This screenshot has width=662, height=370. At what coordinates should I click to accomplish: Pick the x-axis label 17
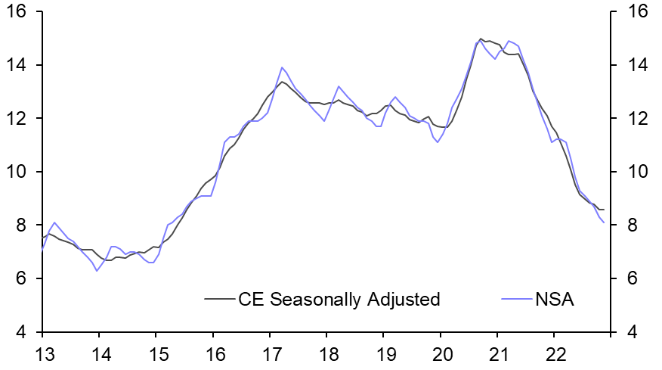(x=270, y=353)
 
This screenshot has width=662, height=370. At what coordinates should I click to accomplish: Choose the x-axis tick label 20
(x=441, y=353)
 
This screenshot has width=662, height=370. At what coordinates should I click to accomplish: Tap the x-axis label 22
(x=555, y=353)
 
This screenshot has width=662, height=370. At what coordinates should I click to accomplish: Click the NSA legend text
(x=555, y=300)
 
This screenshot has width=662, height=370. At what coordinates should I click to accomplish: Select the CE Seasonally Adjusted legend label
(x=339, y=300)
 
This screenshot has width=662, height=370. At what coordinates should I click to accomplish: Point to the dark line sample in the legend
(x=220, y=300)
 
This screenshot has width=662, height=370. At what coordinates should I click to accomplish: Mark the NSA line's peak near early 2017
(x=282, y=67)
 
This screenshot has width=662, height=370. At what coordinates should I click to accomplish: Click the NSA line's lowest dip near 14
(x=97, y=271)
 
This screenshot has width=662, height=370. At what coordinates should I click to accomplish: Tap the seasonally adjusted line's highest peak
(x=481, y=39)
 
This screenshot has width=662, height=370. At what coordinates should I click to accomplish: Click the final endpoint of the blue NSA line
(x=604, y=222)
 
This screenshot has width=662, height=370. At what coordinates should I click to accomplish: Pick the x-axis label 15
(x=156, y=353)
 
